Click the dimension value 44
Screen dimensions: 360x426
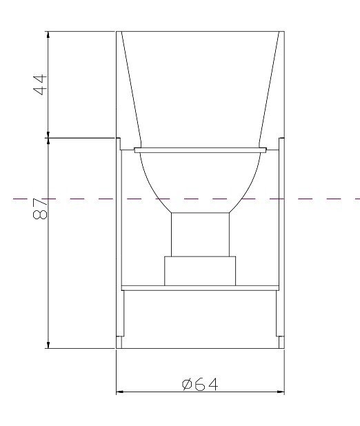coord(40,85)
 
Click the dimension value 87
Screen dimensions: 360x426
coord(40,209)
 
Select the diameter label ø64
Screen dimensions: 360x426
coord(200,385)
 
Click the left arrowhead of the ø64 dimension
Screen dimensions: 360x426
coord(120,392)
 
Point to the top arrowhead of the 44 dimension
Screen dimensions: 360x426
coord(48,34)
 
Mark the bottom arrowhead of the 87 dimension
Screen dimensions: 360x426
coord(48,345)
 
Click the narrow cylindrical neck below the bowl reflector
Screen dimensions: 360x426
coord(200,234)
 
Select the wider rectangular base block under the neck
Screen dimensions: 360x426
coord(200,271)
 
